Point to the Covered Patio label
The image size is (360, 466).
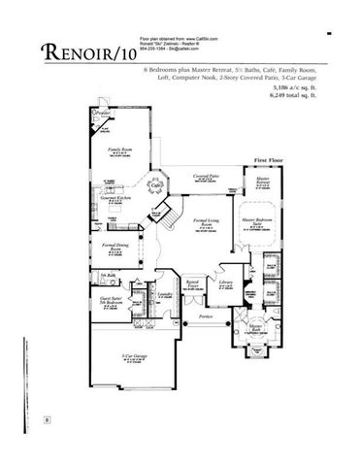[207, 176]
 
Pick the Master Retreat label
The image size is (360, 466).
[262, 182]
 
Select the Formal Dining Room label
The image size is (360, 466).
[116, 249]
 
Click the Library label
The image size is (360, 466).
[226, 283]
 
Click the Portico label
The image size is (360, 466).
[205, 316]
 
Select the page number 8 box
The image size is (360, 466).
[47, 419]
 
